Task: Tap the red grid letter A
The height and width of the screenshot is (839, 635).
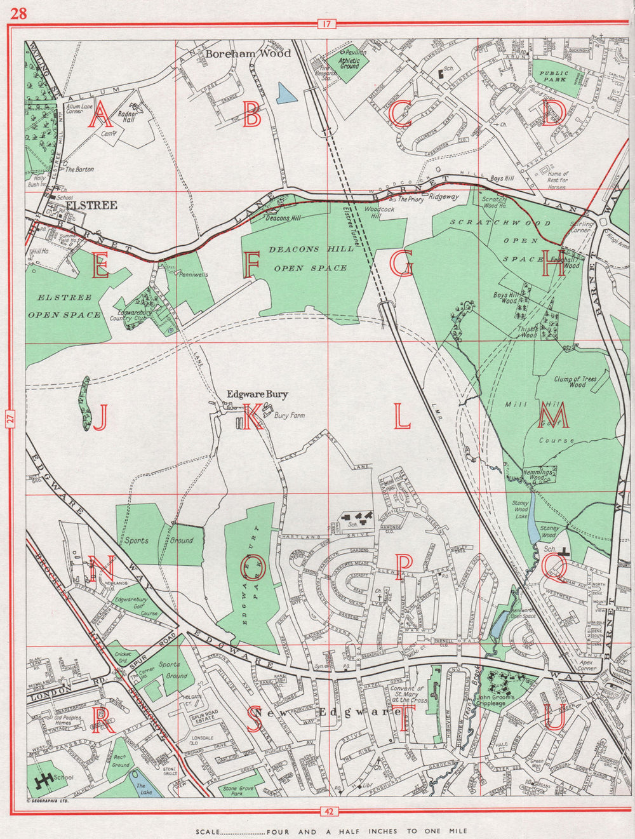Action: pos(101,116)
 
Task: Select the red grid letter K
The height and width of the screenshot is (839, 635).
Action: pos(252,417)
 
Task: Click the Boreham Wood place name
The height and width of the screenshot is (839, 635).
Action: pos(248,54)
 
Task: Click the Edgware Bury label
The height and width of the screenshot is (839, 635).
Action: pos(257,394)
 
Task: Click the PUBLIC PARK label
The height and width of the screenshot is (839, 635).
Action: pos(554,77)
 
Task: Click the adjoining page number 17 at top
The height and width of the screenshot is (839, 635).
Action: pos(326,25)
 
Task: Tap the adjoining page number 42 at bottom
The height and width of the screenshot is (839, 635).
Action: pos(326,810)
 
